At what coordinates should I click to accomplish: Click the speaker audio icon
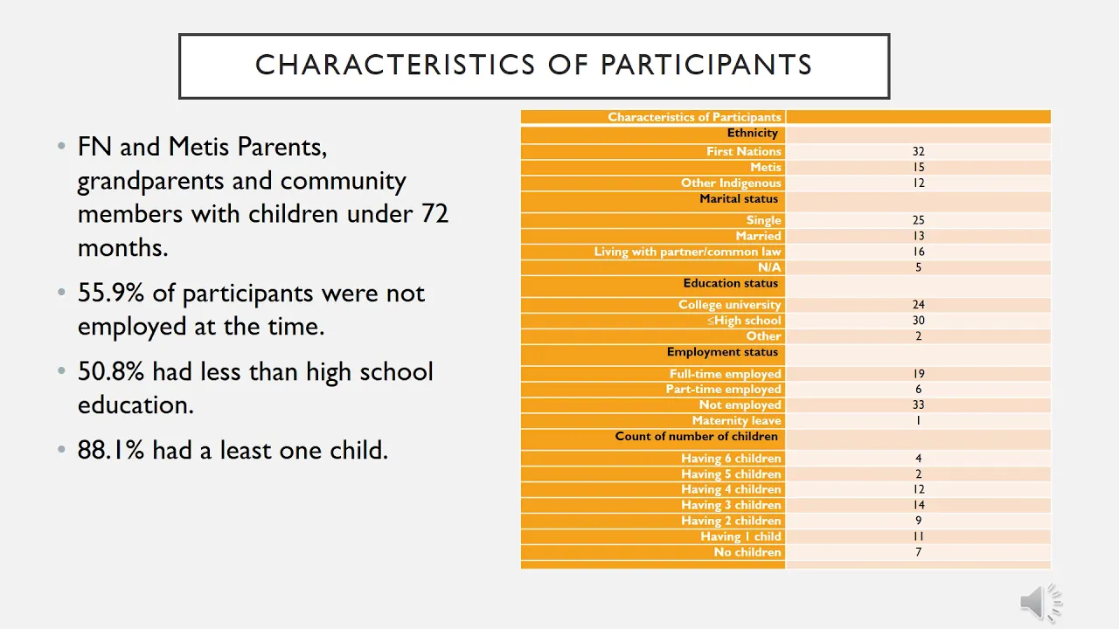(x=1040, y=602)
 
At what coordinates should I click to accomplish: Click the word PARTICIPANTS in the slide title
(x=706, y=65)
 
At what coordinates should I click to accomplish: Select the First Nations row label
(x=743, y=151)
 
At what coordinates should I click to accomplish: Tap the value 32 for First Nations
(x=918, y=151)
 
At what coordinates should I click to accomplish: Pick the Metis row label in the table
(x=765, y=167)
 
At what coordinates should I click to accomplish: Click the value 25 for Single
(x=918, y=220)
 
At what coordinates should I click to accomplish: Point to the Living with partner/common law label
(x=687, y=252)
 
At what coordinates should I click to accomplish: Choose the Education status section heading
(x=730, y=283)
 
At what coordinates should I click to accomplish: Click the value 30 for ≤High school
(x=918, y=321)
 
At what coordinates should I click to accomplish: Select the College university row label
(x=729, y=305)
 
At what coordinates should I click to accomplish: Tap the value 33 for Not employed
(x=918, y=404)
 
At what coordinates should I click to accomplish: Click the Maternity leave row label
(x=736, y=421)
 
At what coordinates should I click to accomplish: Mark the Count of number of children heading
(x=697, y=436)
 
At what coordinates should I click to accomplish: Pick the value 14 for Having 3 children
(x=918, y=505)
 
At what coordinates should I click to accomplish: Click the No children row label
(x=747, y=552)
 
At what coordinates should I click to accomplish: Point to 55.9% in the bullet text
(x=111, y=293)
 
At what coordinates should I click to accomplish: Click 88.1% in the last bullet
(x=111, y=450)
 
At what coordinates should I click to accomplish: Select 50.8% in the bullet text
(x=111, y=372)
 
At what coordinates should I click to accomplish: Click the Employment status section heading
(x=722, y=352)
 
